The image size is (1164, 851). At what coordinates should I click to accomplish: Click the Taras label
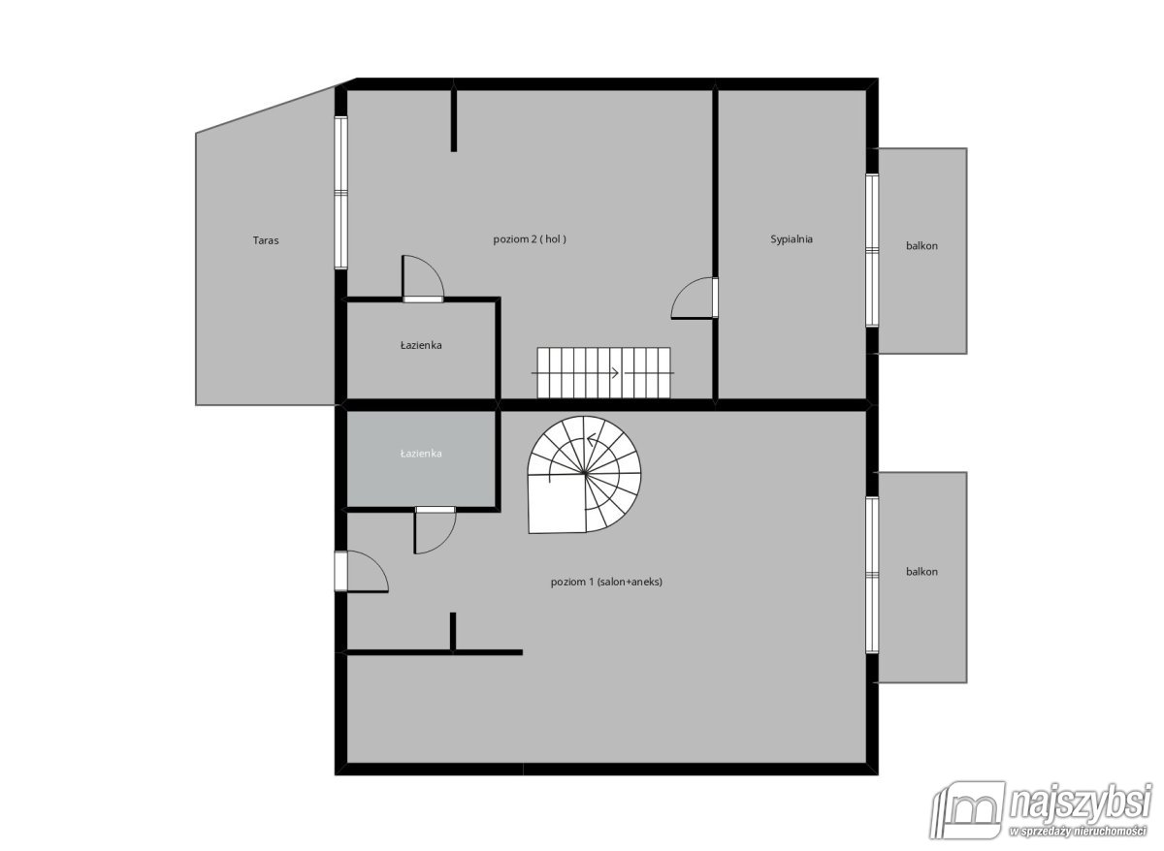coord(266,241)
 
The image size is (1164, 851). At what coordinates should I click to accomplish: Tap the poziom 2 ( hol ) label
coord(530,239)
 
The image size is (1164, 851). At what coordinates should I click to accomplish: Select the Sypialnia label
coord(791,239)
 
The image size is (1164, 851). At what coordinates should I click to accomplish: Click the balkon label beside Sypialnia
coord(921,246)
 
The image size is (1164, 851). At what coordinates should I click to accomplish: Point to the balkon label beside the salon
coord(921,572)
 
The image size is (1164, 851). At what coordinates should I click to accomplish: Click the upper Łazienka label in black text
coord(421,345)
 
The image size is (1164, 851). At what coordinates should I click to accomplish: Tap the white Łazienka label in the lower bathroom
coord(421,454)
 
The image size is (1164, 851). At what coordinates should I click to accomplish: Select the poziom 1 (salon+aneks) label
coord(606,583)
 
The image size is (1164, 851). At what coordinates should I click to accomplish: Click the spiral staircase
coord(584,475)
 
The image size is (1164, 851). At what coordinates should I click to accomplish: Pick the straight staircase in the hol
coord(603,373)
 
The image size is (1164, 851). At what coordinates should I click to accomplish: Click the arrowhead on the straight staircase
coord(615,373)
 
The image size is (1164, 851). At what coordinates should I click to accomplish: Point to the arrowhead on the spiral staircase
coord(591,440)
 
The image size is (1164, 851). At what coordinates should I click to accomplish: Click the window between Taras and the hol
coord(340,193)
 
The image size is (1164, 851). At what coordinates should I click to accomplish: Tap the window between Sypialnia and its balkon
coord(872,250)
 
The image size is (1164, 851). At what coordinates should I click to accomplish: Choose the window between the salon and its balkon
coord(872,575)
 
